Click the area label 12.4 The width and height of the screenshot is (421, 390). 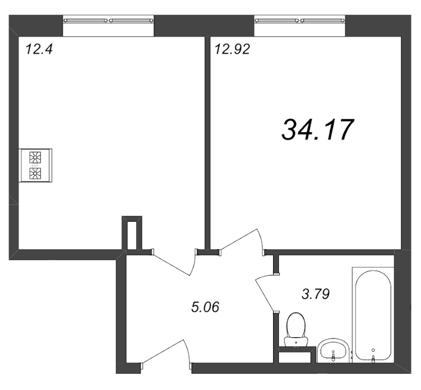click(38, 49)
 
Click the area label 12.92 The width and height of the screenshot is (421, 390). click(233, 49)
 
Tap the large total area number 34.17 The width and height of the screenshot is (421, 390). click(317, 130)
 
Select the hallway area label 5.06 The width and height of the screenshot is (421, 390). click(205, 307)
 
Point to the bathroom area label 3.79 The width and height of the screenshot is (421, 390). click(315, 294)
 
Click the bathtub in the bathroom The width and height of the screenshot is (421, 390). click(373, 315)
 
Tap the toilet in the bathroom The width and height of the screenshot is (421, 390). click(296, 330)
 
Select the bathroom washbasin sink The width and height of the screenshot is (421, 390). click(333, 351)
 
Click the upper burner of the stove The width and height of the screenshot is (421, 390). click(35, 158)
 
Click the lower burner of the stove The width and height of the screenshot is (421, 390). click(35, 173)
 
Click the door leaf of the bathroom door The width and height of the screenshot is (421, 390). click(264, 295)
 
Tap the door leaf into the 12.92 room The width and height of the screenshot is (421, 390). click(239, 239)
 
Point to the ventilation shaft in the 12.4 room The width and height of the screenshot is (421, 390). click(132, 233)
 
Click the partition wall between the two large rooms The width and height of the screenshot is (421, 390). click(207, 142)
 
